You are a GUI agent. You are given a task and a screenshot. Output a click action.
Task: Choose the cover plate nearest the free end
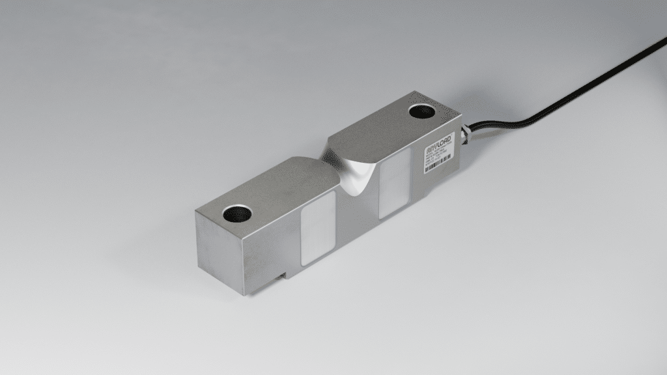tap(318, 227)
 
